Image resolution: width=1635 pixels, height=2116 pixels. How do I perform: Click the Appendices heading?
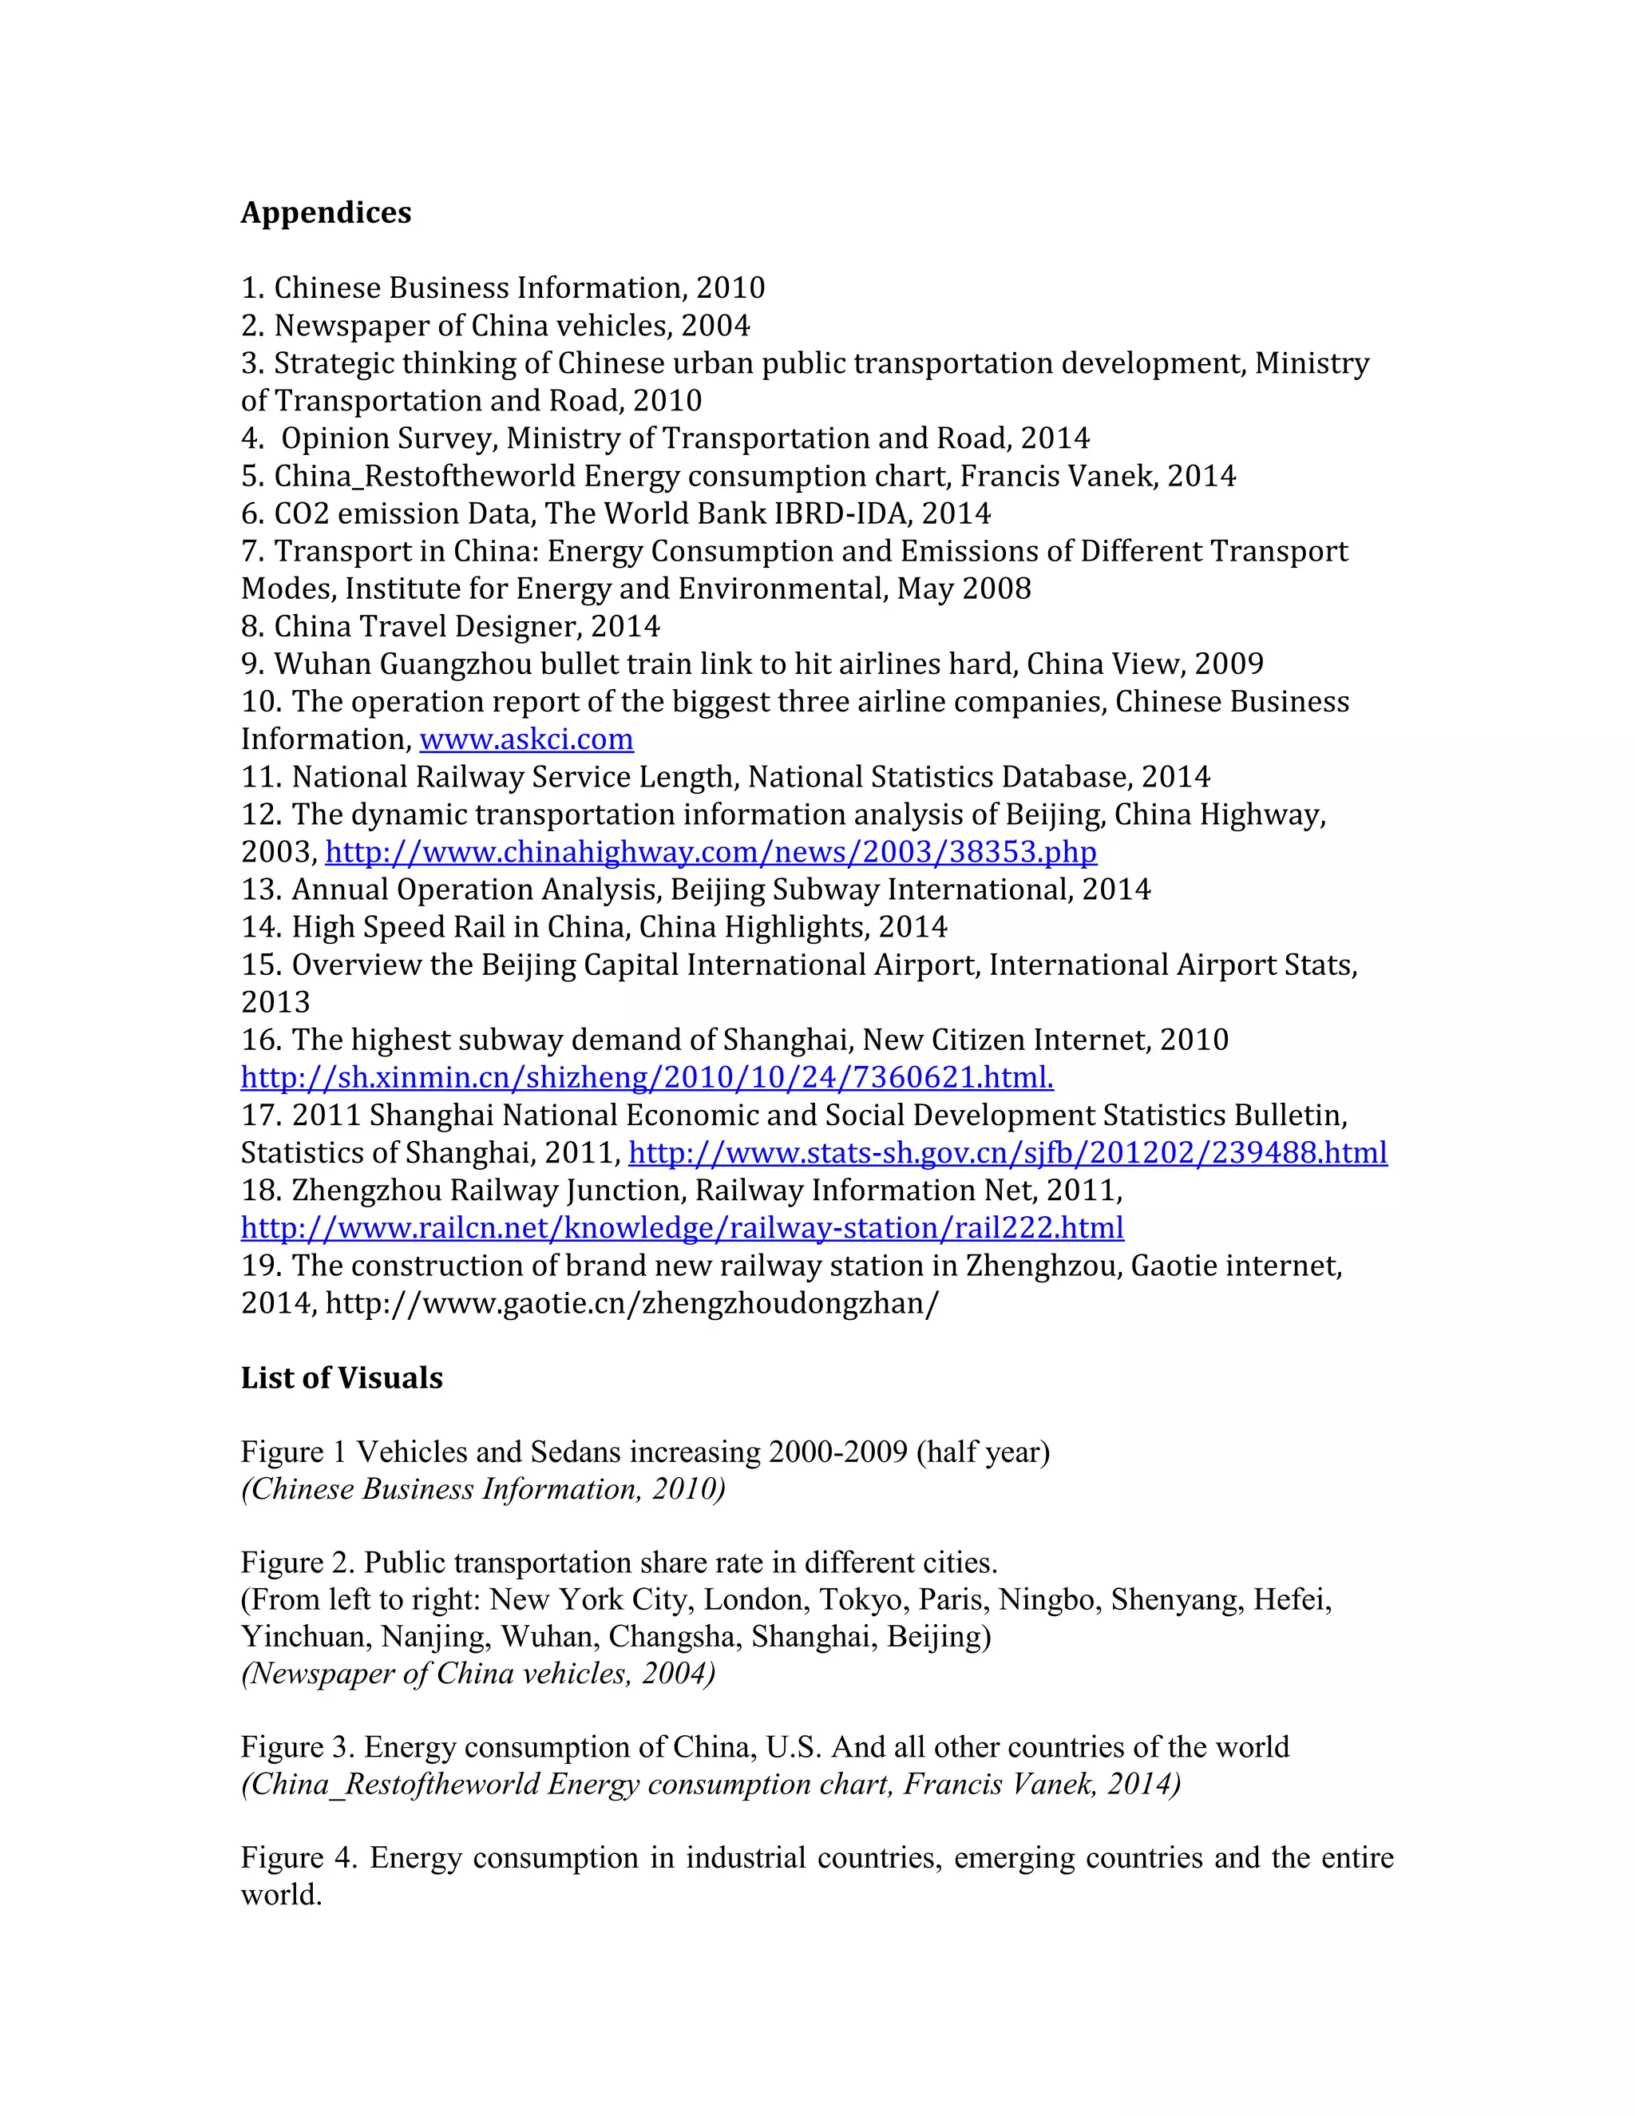click(326, 212)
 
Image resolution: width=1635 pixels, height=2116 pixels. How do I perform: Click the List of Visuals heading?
click(341, 1377)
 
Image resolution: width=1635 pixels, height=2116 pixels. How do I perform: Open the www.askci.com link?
click(526, 739)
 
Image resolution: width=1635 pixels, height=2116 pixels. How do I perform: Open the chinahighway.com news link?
click(711, 853)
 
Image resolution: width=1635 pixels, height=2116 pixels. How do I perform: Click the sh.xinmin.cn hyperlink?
click(647, 1077)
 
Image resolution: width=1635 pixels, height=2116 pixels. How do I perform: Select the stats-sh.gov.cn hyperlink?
click(1008, 1153)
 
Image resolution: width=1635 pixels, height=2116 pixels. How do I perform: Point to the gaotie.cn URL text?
click(631, 1303)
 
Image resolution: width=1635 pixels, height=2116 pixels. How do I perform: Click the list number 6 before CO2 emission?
click(251, 513)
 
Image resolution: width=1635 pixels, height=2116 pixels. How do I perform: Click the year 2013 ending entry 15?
click(275, 1002)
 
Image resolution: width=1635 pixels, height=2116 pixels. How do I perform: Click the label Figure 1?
click(294, 1452)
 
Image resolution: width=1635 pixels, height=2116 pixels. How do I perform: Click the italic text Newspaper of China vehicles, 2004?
click(477, 1673)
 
